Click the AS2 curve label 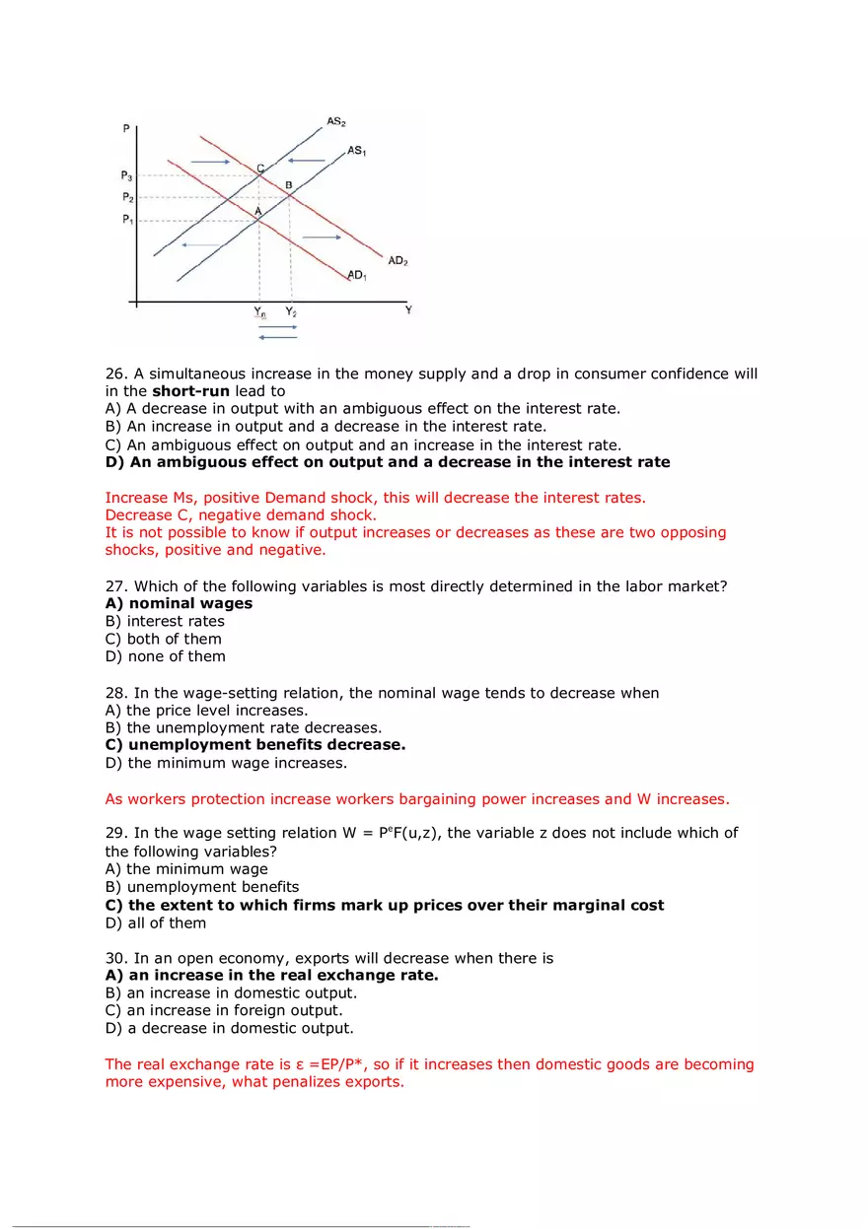coord(335,121)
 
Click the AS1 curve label coord(357,151)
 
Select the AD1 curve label coord(357,275)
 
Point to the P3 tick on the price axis coord(127,175)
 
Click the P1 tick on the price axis coord(127,220)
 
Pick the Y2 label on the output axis coord(291,311)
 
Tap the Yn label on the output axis coord(259,311)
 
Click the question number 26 coord(116,375)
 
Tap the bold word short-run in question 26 coord(190,391)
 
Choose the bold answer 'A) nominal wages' coord(179,603)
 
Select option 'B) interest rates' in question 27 coord(165,621)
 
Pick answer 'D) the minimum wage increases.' coord(226,762)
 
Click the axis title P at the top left coord(126,129)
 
